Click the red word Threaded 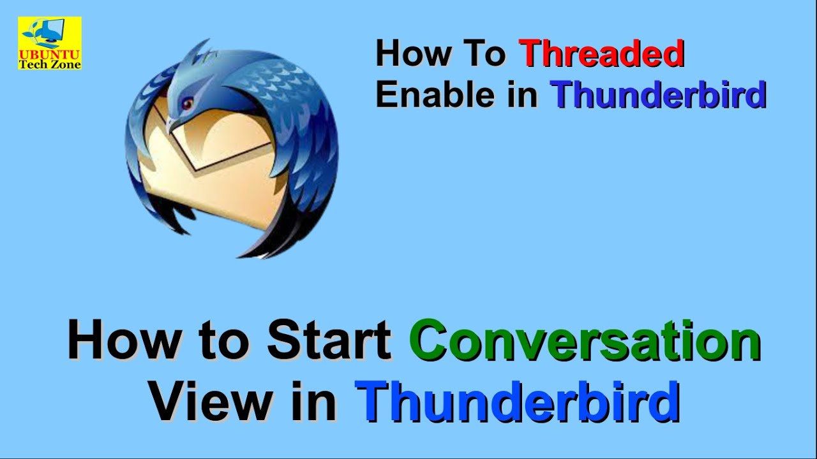click(601, 54)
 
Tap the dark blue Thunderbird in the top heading click(658, 94)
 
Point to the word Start click(329, 341)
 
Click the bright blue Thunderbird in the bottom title click(517, 402)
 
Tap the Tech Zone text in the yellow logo click(50, 64)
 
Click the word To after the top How click(484, 54)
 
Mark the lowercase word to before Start click(223, 341)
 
